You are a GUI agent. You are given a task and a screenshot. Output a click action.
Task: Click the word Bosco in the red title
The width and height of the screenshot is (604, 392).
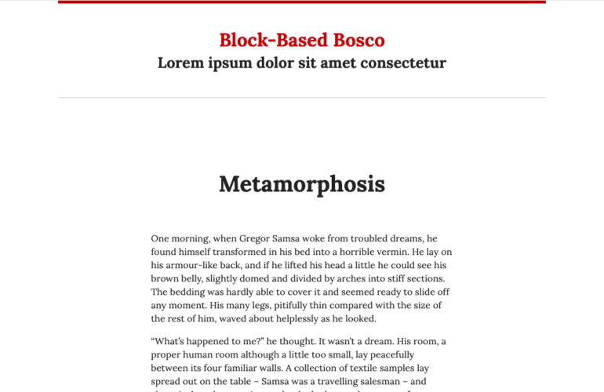(x=359, y=40)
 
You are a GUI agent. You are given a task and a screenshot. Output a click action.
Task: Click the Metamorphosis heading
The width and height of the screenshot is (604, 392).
(x=302, y=184)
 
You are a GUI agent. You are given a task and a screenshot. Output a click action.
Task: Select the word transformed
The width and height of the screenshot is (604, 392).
(x=223, y=252)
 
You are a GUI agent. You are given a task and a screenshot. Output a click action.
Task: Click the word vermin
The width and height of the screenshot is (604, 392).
(x=385, y=252)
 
